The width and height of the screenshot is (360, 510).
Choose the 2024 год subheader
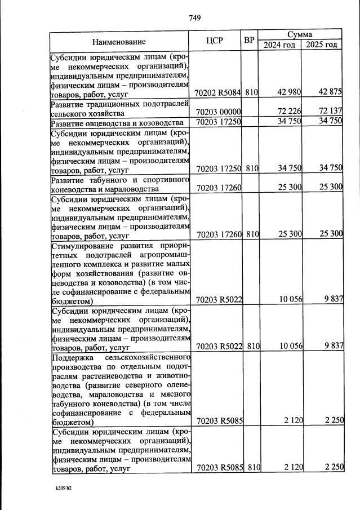pos(280,45)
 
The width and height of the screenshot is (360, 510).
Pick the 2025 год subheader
pos(321,45)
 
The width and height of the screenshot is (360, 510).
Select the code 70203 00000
pos(217,112)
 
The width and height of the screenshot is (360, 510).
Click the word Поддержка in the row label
pos(73,358)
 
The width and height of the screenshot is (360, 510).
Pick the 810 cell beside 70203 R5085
pos(252,467)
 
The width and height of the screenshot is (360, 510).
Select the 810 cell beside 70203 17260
pos(252,233)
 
